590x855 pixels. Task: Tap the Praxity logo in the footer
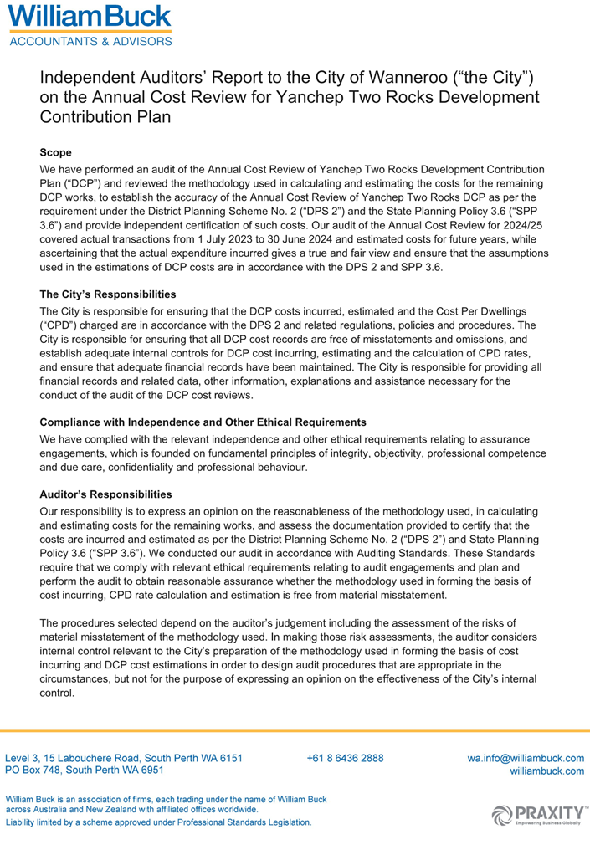(x=540, y=812)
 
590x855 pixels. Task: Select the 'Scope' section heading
(x=56, y=153)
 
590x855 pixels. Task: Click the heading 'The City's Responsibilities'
(x=108, y=294)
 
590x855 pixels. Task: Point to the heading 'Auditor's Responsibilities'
(x=105, y=494)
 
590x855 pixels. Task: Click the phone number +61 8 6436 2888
(x=346, y=758)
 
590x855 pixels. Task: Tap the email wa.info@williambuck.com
(x=526, y=758)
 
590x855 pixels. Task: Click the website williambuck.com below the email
(x=546, y=771)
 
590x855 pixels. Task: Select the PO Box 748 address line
(x=85, y=770)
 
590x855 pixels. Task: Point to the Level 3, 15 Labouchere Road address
(x=125, y=758)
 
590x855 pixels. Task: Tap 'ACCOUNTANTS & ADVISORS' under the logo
(x=90, y=39)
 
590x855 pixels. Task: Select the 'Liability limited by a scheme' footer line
(x=159, y=822)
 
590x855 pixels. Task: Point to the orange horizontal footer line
(x=295, y=730)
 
